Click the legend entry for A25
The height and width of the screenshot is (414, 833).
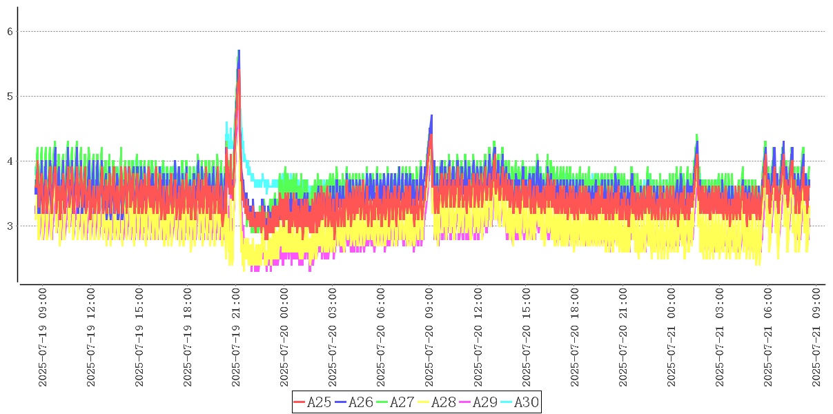pos(313,402)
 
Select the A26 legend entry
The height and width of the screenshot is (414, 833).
pos(354,402)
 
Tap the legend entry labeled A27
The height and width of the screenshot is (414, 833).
pos(395,402)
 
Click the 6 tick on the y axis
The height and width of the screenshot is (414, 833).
pos(10,31)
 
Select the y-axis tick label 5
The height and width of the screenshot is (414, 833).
pos(10,96)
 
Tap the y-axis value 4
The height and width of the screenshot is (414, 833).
pos(10,161)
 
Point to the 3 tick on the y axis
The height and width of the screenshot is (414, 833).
pos(10,226)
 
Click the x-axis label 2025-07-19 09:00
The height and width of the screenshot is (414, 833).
pos(43,337)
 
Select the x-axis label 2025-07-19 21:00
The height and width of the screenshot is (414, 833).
pos(236,337)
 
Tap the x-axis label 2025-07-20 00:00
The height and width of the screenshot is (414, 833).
pos(284,337)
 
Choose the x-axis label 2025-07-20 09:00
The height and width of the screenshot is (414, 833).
pos(429,337)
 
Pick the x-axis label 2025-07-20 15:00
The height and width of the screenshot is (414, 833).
pos(526,337)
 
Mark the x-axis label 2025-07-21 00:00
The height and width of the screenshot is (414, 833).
pos(671,337)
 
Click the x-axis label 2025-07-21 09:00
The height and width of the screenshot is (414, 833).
pos(816,337)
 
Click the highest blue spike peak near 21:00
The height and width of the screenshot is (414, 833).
pos(239,50)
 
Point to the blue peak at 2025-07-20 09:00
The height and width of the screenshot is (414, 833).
pos(431,115)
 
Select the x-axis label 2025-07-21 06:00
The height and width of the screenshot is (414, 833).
pos(767,337)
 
